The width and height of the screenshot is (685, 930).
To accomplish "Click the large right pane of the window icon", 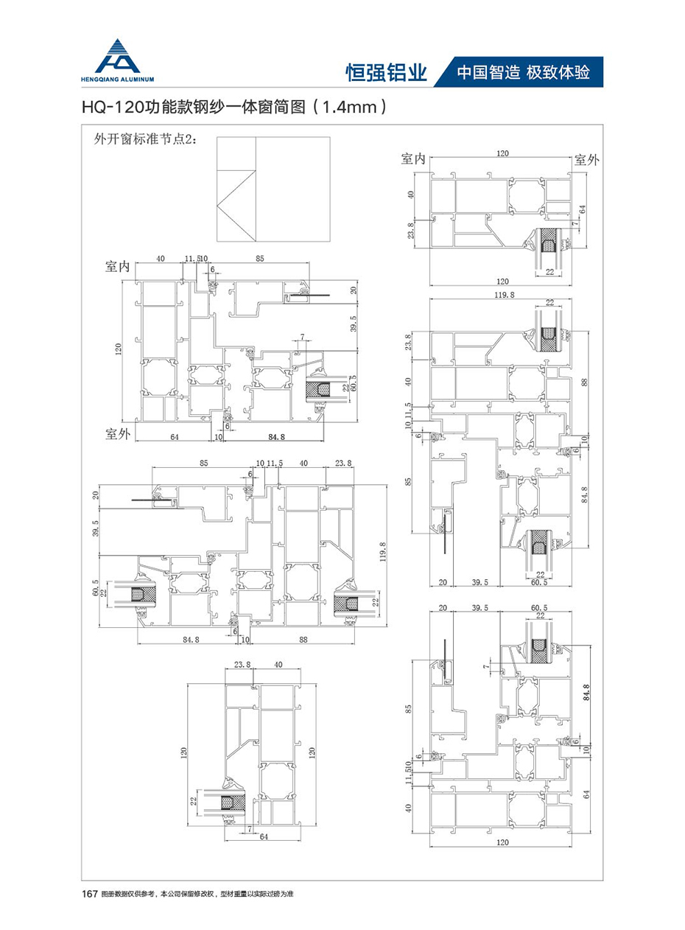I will coord(292,189).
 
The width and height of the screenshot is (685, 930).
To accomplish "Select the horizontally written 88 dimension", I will coord(303,640).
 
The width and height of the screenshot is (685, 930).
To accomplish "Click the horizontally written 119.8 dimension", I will coord(500,293).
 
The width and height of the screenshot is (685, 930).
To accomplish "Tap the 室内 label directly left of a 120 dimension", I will coord(413,158).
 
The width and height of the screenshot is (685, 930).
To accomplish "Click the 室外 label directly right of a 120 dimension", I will coord(587,158).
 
